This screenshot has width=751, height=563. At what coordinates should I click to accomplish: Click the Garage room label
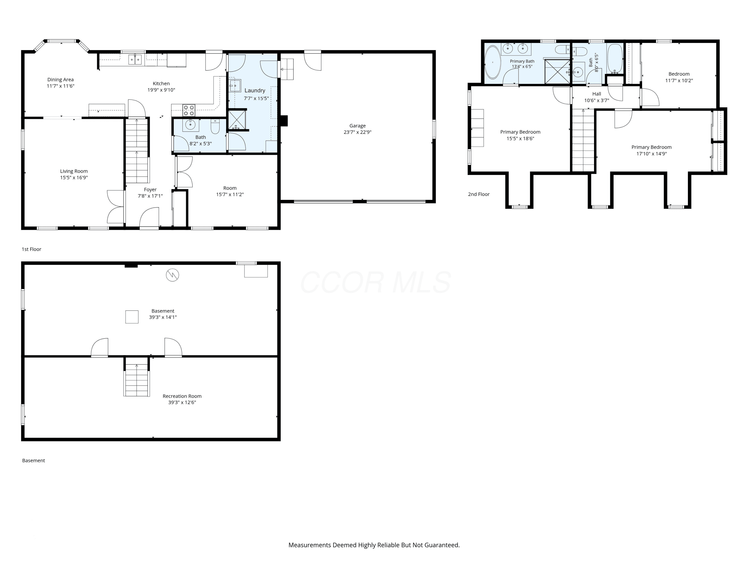(x=357, y=126)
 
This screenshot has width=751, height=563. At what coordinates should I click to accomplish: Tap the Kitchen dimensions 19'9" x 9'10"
(x=161, y=90)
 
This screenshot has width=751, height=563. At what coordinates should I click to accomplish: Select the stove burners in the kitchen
(x=189, y=110)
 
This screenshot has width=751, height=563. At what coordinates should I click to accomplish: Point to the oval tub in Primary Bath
(x=492, y=63)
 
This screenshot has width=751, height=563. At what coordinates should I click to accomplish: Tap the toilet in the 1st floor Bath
(x=215, y=126)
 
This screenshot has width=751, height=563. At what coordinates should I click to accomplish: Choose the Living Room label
(x=74, y=171)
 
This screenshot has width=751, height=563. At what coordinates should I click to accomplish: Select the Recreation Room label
(x=182, y=396)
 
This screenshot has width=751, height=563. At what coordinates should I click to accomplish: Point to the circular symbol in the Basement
(x=172, y=275)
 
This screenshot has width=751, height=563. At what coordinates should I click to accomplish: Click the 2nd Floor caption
(x=479, y=194)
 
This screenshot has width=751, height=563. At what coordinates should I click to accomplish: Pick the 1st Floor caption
(x=32, y=249)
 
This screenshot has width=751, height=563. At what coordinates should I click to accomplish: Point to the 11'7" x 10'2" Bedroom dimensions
(x=679, y=80)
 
